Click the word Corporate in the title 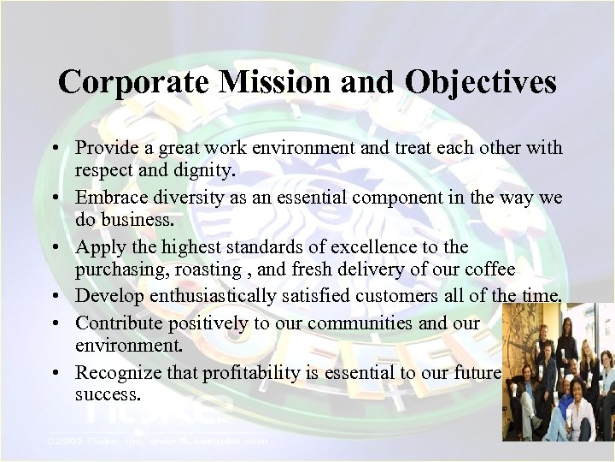click(122, 82)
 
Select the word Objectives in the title click(482, 82)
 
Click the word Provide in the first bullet click(106, 148)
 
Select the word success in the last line click(108, 394)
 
